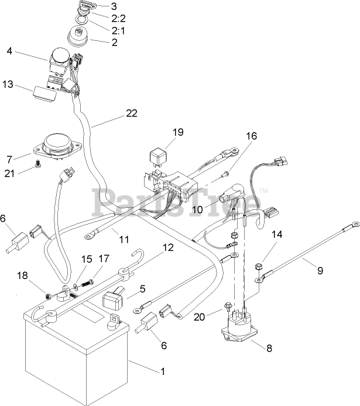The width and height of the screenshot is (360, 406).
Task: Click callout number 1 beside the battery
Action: click(162, 371)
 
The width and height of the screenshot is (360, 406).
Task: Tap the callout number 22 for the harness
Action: click(132, 113)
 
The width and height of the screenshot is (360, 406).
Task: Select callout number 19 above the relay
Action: click(178, 132)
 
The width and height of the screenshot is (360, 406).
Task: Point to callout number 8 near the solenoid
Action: click(269, 348)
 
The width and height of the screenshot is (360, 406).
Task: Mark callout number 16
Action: click(251, 136)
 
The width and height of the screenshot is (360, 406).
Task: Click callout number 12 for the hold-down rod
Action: click(167, 247)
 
